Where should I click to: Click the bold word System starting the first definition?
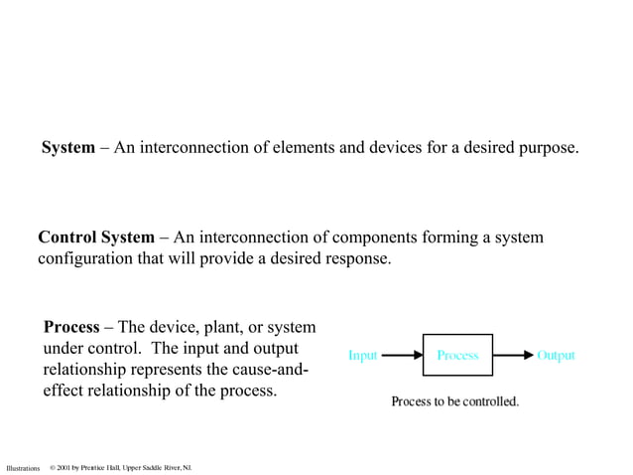click(67, 148)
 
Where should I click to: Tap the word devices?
click(400, 148)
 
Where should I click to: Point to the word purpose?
click(544, 149)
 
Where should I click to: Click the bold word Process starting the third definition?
click(71, 327)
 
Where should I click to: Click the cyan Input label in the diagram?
click(362, 355)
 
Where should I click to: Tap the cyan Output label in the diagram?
click(556, 355)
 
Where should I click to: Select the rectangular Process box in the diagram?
click(457, 355)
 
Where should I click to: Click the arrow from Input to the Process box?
click(402, 355)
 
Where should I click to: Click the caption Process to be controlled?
click(455, 401)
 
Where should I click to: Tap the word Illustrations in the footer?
click(23, 467)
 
